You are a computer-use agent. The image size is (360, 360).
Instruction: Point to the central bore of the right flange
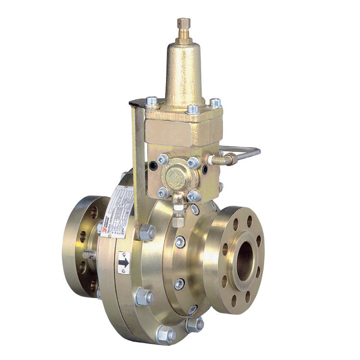(244, 260)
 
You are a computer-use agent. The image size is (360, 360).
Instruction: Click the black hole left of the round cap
(153, 165)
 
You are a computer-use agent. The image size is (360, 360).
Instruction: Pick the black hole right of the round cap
(205, 168)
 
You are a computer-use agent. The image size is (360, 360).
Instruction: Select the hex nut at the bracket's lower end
(147, 232)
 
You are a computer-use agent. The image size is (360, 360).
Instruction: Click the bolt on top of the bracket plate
(152, 102)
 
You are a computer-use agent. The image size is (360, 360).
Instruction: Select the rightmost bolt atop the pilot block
(216, 103)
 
